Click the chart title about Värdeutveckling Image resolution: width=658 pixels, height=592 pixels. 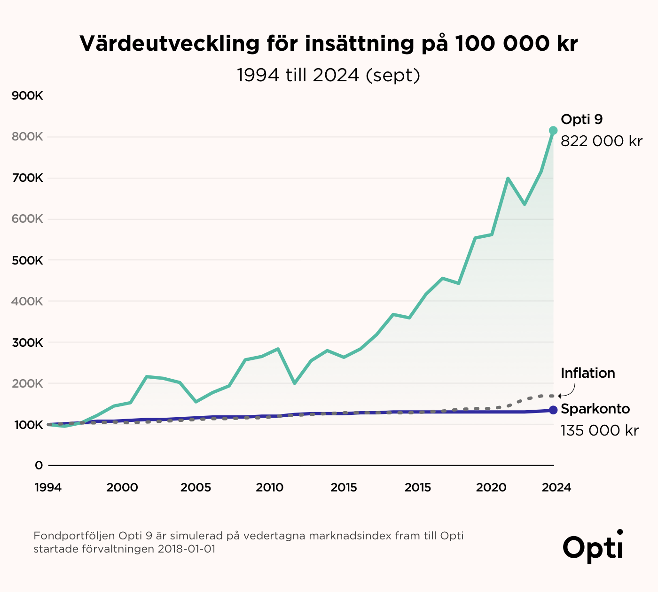click(x=329, y=44)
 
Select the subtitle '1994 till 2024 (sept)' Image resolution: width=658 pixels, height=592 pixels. click(x=328, y=75)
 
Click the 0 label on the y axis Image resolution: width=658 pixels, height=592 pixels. click(x=39, y=465)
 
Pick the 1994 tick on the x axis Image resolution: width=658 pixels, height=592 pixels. click(x=48, y=488)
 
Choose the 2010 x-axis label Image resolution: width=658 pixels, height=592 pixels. click(x=269, y=488)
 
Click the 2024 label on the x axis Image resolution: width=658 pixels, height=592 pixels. click(x=556, y=488)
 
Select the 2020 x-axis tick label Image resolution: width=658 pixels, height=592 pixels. click(x=491, y=488)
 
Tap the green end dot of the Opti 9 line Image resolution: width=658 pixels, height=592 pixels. click(x=553, y=130)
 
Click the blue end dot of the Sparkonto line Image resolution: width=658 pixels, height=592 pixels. click(x=553, y=410)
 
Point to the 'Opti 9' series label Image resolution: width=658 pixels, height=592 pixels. click(x=581, y=119)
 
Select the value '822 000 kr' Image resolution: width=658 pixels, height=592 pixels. click(x=601, y=141)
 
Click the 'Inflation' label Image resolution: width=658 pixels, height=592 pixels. click(x=587, y=373)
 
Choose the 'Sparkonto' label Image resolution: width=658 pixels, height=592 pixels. click(x=595, y=409)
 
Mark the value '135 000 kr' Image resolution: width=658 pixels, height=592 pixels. click(x=599, y=430)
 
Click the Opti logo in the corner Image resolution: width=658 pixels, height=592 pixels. click(x=593, y=546)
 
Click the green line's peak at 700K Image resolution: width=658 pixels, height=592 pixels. click(x=508, y=179)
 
